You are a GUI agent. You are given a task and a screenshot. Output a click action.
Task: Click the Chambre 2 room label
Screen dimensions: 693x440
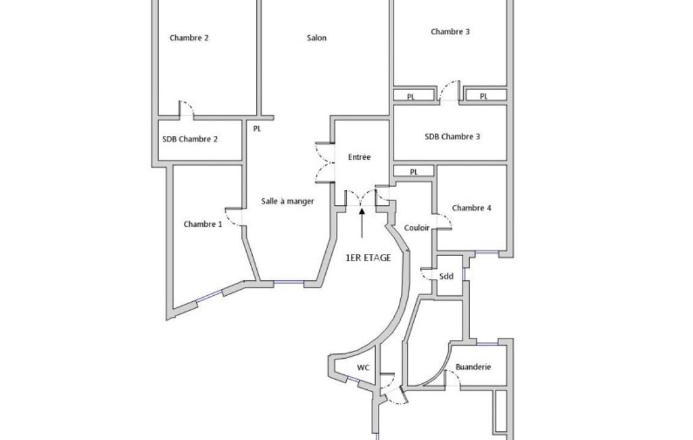[189, 38]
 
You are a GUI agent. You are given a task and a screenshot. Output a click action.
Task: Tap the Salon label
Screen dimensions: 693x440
[316, 38]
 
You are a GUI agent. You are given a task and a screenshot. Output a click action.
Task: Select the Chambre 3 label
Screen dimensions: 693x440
[450, 32]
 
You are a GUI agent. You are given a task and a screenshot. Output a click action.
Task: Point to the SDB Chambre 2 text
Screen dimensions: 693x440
[189, 139]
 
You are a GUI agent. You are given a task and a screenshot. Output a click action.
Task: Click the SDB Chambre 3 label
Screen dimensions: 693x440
[452, 137]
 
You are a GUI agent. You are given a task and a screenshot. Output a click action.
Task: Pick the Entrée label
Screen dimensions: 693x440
[359, 157]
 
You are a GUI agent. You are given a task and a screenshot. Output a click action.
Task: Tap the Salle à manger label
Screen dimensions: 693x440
[287, 202]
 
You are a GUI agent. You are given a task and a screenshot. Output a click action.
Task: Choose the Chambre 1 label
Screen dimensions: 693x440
[202, 225]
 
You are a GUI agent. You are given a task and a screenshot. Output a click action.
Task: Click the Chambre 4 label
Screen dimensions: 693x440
[471, 208]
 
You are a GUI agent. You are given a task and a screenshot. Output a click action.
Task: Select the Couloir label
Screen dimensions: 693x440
[416, 228]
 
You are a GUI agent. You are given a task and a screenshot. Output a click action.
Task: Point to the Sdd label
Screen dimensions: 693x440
[446, 276]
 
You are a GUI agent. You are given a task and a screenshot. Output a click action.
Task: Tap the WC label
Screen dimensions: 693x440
[363, 368]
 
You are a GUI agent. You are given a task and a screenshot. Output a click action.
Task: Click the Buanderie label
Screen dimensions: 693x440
[473, 367]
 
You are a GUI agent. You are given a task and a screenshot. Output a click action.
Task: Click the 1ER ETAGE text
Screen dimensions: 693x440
[368, 258]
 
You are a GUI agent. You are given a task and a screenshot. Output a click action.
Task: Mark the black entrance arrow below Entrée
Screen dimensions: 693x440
[362, 223]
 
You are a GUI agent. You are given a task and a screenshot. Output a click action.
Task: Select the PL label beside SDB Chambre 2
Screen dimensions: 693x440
[257, 129]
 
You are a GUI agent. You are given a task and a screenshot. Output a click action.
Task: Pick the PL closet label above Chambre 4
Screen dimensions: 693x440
[414, 172]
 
